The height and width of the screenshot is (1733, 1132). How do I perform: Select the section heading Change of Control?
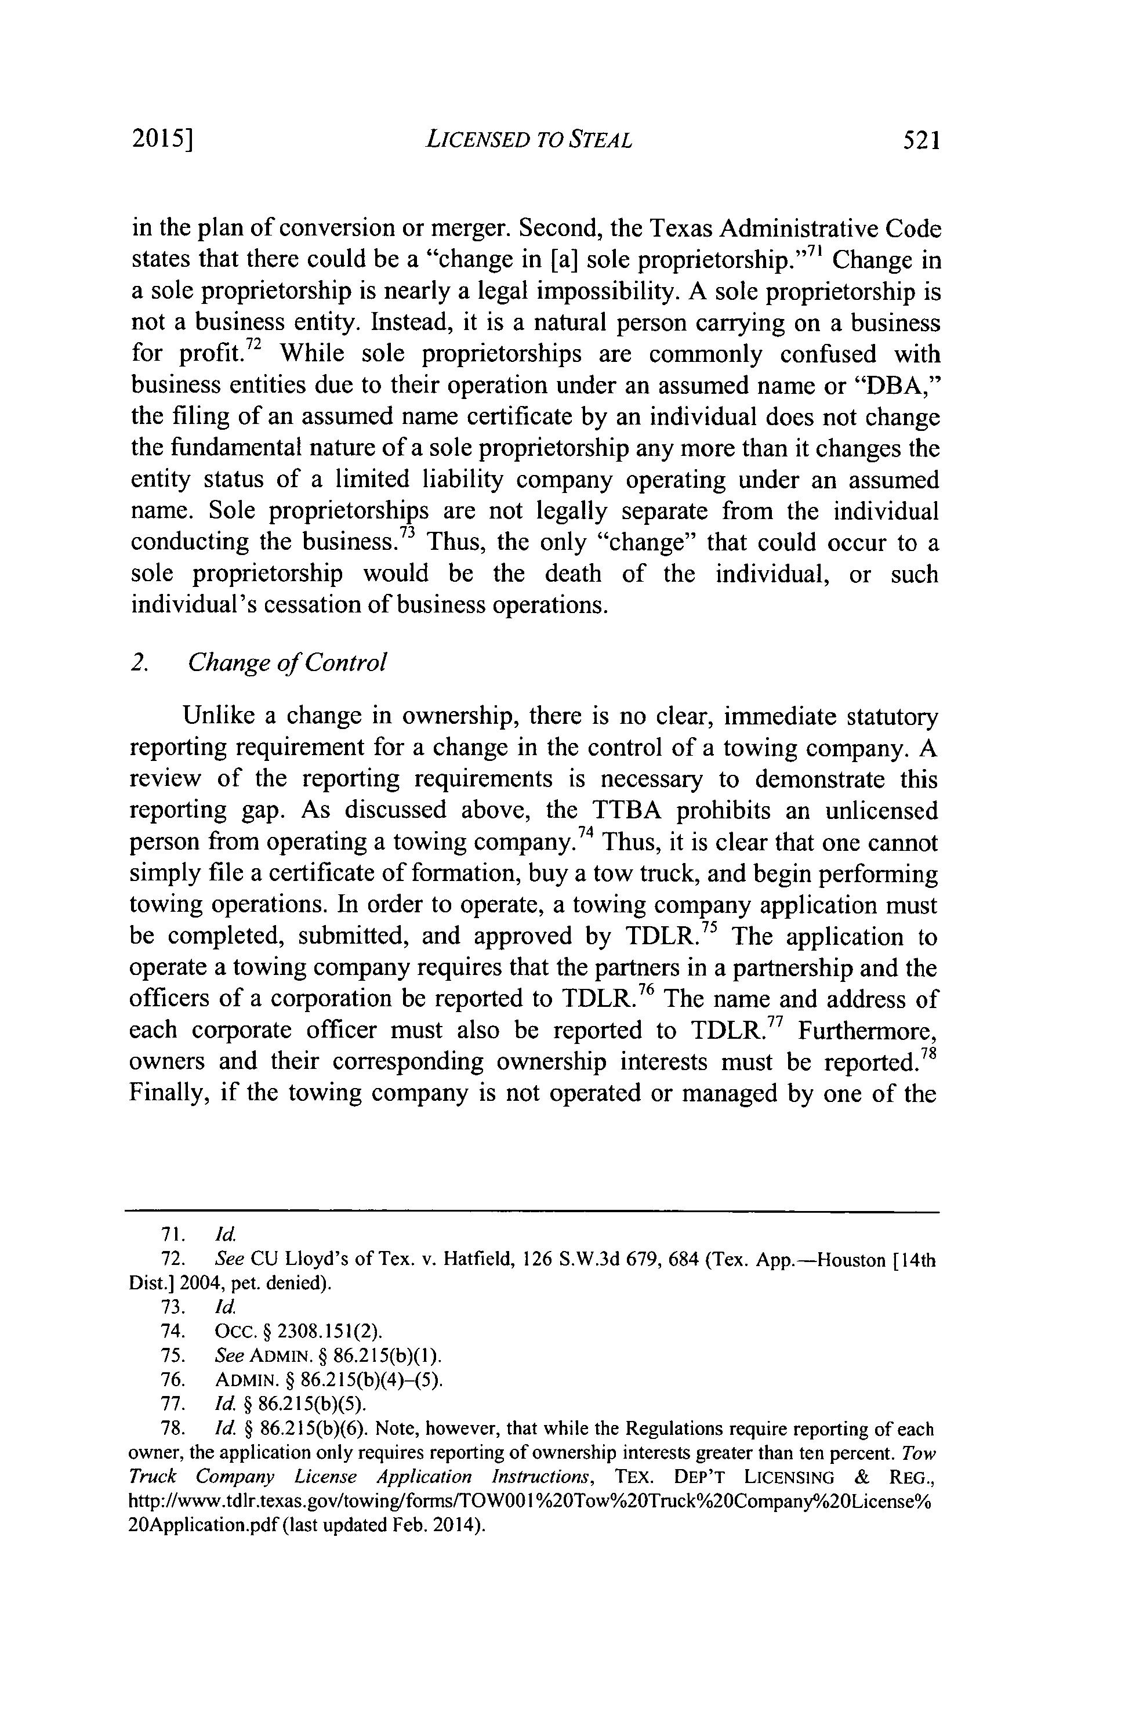pyautogui.click(x=286, y=662)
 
